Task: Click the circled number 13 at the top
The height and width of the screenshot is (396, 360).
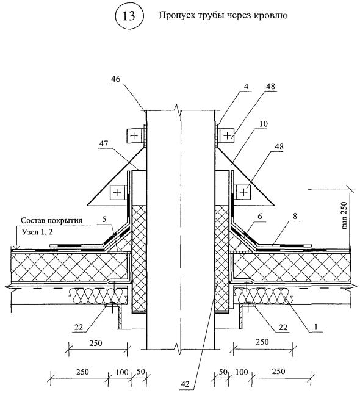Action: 129,16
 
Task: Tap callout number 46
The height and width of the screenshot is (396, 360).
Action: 115,79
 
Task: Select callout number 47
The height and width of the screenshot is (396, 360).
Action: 104,144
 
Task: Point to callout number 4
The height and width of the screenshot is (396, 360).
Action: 246,87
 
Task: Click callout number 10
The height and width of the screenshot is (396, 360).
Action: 263,124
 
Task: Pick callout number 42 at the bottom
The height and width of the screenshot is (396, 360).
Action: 185,384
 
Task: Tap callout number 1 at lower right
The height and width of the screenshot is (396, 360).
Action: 315,327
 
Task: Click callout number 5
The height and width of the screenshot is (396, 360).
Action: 104,220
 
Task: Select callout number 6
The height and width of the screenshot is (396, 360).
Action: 260,217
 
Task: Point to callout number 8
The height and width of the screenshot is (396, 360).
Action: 295,216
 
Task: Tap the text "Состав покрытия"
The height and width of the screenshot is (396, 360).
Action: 51,220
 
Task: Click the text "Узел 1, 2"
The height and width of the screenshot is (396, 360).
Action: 37,232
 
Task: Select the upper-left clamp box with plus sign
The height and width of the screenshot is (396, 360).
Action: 134,136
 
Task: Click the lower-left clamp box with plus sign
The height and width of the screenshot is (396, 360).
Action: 117,193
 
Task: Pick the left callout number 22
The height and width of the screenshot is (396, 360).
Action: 79,327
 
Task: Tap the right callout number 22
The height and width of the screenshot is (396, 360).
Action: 283,327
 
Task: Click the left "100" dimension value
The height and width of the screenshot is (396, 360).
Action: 122,372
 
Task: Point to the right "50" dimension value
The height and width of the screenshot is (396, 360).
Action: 223,372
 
